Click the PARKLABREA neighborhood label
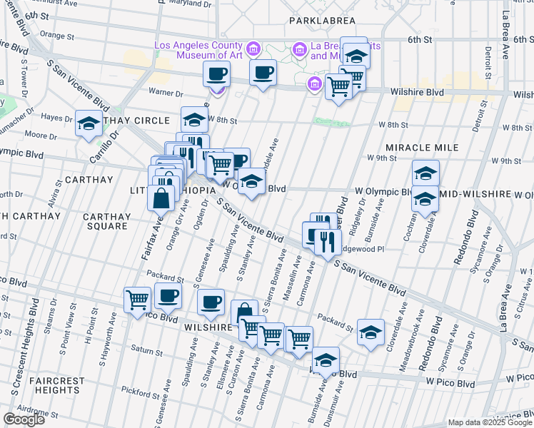[322, 21]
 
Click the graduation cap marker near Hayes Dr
[89, 123]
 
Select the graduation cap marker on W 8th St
[194, 119]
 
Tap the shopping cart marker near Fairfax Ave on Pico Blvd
[137, 300]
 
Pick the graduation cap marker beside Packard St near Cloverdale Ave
[371, 332]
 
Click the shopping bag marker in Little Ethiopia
[162, 198]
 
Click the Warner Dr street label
[166, 92]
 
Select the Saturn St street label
[147, 349]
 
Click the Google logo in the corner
[24, 419]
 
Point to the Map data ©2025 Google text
[489, 422]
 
